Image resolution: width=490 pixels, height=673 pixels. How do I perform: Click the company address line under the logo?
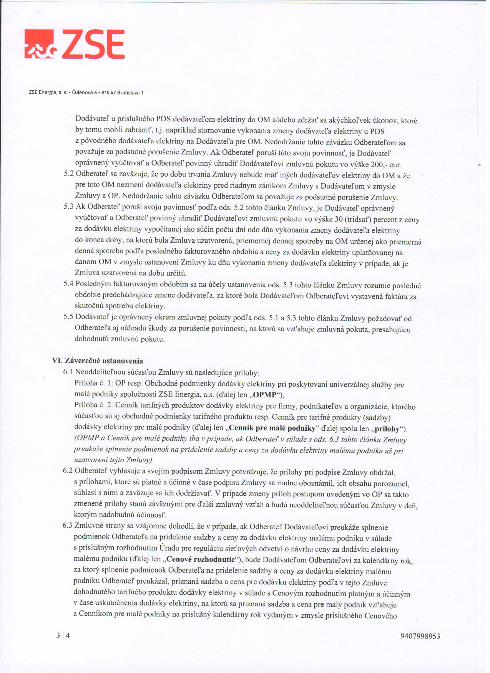pyautogui.click(x=86, y=93)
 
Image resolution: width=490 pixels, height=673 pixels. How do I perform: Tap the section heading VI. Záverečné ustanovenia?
pyautogui.click(x=98, y=361)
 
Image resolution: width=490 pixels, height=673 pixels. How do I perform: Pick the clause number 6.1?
pyautogui.click(x=68, y=372)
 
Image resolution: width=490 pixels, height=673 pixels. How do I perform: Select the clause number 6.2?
pyautogui.click(x=68, y=471)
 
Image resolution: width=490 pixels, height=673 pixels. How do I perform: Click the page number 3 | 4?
pyautogui.click(x=63, y=635)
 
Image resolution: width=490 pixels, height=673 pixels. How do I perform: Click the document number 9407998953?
pyautogui.click(x=420, y=636)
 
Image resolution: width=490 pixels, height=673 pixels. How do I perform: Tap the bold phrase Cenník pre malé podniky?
pyautogui.click(x=272, y=428)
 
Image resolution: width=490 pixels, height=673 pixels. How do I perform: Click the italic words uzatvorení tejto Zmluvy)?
pyautogui.click(x=113, y=460)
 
